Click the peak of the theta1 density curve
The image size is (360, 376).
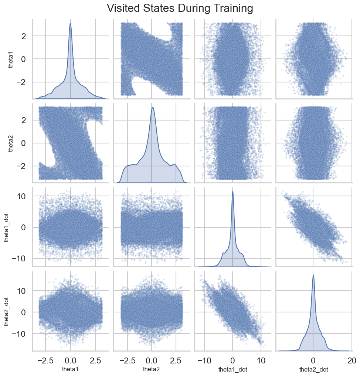pyautogui.click(x=70, y=23)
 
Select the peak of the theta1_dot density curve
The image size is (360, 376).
pyautogui.click(x=232, y=191)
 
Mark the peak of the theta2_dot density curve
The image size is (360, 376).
pyautogui.click(x=313, y=275)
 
